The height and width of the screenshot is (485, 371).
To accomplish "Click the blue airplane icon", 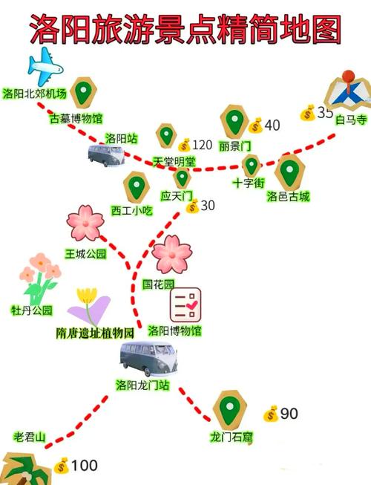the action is click(x=45, y=66).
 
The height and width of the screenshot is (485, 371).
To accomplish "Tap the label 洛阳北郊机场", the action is click(x=35, y=94).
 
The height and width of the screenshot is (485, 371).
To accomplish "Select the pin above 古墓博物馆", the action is click(x=83, y=92).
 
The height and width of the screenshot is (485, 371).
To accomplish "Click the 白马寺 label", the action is click(x=351, y=120).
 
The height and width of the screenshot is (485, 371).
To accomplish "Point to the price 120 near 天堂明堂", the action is click(x=203, y=145).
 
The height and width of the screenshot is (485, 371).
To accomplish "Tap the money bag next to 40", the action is click(x=255, y=126).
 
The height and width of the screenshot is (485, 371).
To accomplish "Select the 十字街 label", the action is click(x=249, y=183).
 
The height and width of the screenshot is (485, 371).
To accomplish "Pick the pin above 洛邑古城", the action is click(x=289, y=172).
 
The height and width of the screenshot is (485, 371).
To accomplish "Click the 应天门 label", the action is click(x=177, y=196).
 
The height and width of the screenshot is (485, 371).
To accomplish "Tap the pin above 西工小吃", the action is click(x=137, y=187).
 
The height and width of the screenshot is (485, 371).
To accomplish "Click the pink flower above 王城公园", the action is click(x=85, y=223).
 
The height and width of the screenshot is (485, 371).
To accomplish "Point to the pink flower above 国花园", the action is click(x=171, y=254).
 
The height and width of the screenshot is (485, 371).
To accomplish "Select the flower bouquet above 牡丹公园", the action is click(x=40, y=279).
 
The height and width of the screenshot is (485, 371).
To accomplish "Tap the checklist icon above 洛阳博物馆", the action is click(x=185, y=305).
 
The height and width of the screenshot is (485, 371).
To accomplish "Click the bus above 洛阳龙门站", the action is click(x=148, y=358).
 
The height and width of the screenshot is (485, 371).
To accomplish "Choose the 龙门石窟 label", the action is click(x=231, y=437).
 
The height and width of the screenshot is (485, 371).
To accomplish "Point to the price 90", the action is click(x=289, y=414).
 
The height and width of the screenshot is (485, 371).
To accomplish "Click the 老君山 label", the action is click(x=30, y=437).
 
